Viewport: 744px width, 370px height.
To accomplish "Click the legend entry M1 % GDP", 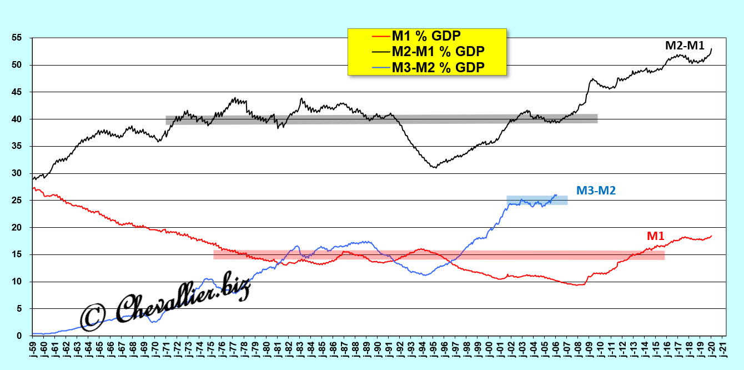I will (x=426, y=37).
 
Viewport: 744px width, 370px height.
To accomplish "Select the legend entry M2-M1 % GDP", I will (x=438, y=52).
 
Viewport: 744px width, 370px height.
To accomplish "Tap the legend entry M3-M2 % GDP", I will (x=438, y=67).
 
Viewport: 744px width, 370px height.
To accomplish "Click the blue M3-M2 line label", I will (x=596, y=191).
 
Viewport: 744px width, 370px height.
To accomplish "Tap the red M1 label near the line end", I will (x=656, y=236).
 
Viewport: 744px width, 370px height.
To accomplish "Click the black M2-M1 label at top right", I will (x=685, y=46).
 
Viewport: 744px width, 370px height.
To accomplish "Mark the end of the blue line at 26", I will (x=556, y=195).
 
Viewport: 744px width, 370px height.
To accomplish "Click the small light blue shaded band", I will (x=537, y=200).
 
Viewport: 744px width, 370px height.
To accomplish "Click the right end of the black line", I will (x=712, y=49).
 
